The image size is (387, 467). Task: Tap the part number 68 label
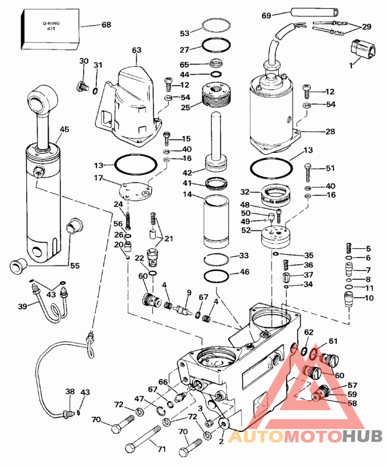coord(106,25)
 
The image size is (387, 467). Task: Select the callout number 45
coord(64,129)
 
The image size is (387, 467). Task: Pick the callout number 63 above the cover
coord(136,50)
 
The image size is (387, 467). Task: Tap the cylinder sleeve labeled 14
coord(216,221)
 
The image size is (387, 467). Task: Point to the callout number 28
coord(330,131)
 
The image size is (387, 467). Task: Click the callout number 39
coord(22,306)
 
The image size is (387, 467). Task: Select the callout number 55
coord(75,265)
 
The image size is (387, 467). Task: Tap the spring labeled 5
coord(349,248)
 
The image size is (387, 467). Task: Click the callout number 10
coord(369,298)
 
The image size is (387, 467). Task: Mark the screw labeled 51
coord(308,173)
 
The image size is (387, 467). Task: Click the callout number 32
coord(245,192)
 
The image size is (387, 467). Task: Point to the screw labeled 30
coord(83,86)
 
